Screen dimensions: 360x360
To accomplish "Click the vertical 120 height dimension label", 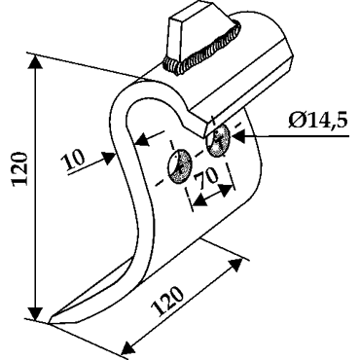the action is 18,168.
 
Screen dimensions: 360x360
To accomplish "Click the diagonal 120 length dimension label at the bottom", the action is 168,302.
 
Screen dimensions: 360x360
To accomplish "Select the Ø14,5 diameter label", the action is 317,122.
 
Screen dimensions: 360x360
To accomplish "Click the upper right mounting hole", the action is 218,141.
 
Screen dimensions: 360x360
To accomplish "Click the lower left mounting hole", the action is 179,166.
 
